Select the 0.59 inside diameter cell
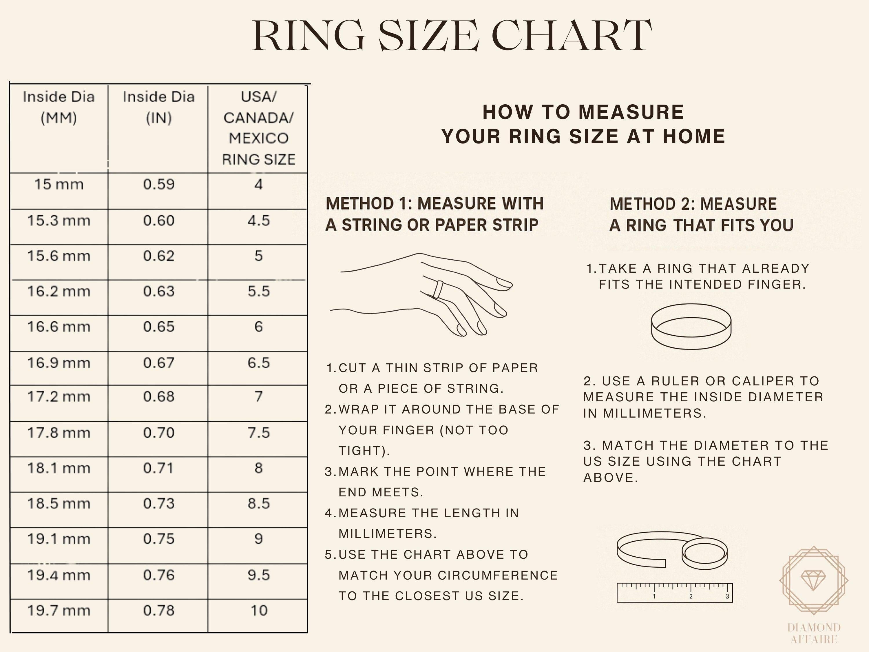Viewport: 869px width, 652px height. click(158, 184)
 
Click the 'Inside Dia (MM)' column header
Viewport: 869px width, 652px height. click(59, 107)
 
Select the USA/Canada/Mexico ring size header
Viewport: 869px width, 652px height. click(258, 128)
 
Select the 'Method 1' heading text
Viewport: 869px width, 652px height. click(434, 214)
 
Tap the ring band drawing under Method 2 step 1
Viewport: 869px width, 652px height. click(691, 327)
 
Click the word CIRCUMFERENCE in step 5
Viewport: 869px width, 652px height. click(497, 575)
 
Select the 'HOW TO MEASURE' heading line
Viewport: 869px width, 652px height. click(583, 112)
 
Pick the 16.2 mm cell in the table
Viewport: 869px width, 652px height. click(59, 292)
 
